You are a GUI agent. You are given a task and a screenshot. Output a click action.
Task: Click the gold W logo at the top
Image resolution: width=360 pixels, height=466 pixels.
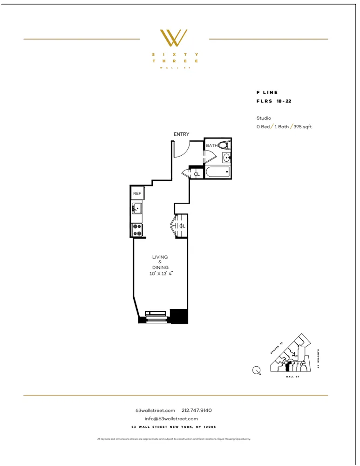coord(173,38)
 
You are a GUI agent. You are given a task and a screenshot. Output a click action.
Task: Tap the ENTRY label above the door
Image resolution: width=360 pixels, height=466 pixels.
coord(181,134)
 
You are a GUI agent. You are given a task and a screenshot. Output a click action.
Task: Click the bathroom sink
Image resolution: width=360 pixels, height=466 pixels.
coord(226,158)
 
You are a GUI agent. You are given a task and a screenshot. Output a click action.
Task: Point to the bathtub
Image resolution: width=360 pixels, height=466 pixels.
coord(217,172)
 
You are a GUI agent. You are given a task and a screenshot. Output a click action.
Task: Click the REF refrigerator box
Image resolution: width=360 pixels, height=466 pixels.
coord(137,193)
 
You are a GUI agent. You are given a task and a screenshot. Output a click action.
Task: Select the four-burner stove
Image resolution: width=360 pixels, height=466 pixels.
coord(137,230)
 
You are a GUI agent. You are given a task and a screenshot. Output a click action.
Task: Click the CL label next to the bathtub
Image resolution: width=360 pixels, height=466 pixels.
coord(197,174)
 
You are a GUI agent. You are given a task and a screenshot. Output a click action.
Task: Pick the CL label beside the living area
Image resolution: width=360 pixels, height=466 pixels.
coord(182,226)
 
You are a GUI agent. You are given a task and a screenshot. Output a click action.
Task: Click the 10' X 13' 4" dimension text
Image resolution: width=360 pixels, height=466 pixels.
coord(161,274)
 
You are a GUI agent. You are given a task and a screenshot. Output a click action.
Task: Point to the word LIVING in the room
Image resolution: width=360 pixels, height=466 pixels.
coord(160,257)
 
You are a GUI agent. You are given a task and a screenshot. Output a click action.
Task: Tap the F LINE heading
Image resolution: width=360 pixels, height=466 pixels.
coord(267,93)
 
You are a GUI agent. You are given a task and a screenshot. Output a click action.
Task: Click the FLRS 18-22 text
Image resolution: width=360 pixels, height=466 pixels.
coord(274,101)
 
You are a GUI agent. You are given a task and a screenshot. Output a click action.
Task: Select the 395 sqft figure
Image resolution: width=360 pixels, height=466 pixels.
coord(304,127)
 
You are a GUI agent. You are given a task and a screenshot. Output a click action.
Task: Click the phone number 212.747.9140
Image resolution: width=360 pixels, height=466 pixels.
coord(197,410)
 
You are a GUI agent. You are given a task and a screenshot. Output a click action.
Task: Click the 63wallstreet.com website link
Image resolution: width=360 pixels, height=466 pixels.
coord(155,410)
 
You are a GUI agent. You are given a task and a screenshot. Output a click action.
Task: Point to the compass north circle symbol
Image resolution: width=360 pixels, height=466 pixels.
coord(256,370)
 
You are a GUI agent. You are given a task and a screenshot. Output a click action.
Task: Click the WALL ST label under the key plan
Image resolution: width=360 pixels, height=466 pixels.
coord(292,377)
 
